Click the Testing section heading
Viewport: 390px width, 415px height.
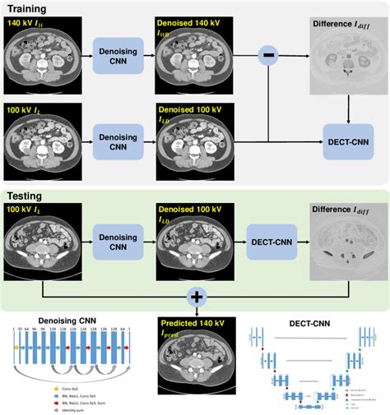[x=26, y=196]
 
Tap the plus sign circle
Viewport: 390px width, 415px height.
[x=197, y=294]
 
